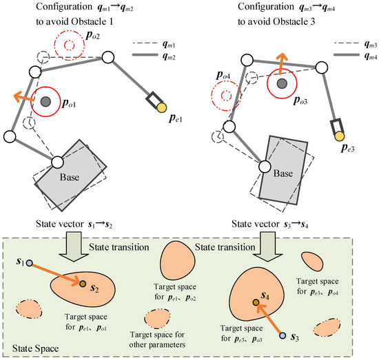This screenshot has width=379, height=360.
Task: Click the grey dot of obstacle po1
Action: pos(45,102)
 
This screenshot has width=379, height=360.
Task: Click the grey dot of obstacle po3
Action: pos(281,83)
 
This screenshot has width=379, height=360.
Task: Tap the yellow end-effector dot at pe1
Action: pos(162,107)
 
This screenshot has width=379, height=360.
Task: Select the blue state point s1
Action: pos(29,263)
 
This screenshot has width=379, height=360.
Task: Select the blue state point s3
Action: pos(281,335)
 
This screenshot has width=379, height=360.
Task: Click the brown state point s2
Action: pos(82,284)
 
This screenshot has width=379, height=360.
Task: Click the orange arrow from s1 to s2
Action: pos(55,273)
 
